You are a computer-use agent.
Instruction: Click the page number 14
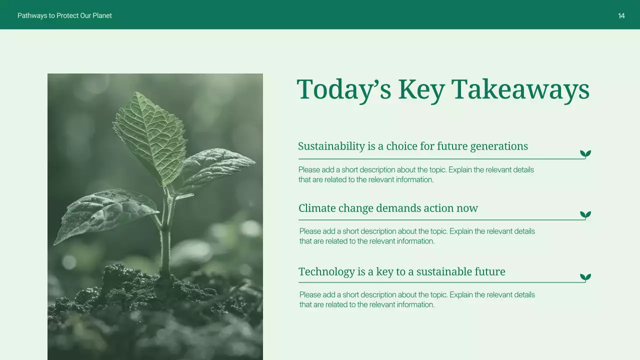(x=621, y=16)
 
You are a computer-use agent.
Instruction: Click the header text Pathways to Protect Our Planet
(x=64, y=16)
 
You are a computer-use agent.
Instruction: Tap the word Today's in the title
(x=344, y=90)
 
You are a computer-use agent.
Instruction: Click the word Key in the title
(x=421, y=90)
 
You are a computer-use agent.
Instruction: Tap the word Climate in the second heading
(x=317, y=208)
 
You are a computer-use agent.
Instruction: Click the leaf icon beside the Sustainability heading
(x=585, y=154)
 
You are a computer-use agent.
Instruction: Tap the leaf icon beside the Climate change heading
(x=585, y=215)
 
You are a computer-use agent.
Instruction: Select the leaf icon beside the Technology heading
(x=585, y=277)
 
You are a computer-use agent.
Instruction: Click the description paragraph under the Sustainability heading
(x=416, y=174)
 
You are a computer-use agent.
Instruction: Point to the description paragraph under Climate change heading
(x=417, y=236)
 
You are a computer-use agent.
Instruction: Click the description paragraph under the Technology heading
(x=417, y=299)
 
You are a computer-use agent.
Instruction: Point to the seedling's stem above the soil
(x=165, y=245)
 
